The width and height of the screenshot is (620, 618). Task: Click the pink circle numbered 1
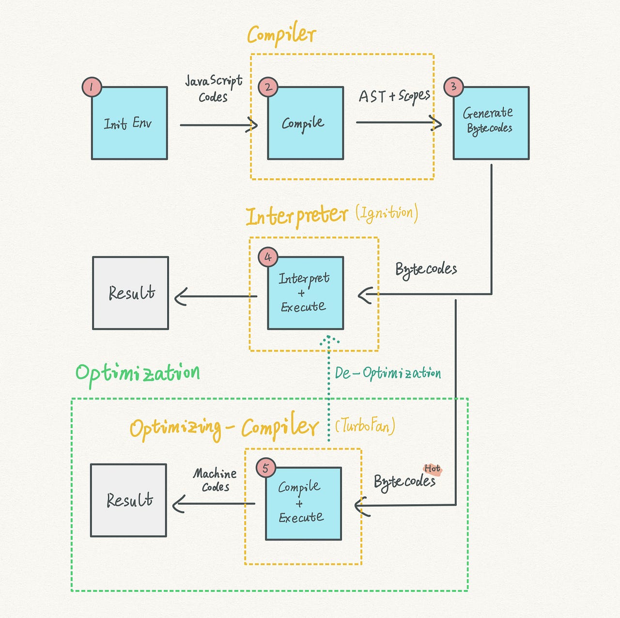(92, 87)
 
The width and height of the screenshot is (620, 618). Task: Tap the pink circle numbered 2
(268, 87)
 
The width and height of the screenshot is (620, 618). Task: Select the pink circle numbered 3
(453, 87)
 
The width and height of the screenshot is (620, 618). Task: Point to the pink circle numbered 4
(268, 257)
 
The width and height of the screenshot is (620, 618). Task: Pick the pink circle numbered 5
(265, 468)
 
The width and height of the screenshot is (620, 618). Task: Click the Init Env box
(129, 124)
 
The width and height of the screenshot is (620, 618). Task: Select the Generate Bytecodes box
(491, 123)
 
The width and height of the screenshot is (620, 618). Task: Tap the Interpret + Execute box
(305, 293)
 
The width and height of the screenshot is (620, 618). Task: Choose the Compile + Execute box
(303, 504)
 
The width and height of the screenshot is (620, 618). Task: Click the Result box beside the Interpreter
(130, 293)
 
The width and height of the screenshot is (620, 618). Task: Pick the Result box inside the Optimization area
(128, 500)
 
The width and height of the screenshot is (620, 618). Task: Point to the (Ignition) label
(387, 213)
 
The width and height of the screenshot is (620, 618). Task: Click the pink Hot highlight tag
(432, 469)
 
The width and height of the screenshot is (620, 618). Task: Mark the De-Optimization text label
(387, 373)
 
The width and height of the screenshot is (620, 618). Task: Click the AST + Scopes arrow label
(394, 96)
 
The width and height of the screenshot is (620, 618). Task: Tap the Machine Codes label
(215, 480)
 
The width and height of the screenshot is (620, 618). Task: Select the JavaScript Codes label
(214, 89)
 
